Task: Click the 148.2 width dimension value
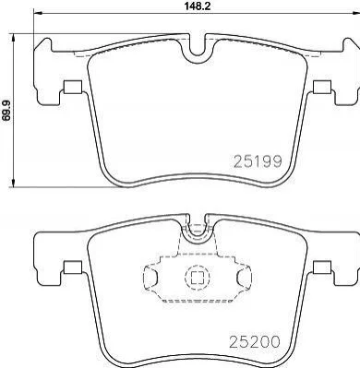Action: [x=197, y=6]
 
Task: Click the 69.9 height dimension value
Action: [x=6, y=110]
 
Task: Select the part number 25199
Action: [x=258, y=161]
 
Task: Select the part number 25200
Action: [x=254, y=341]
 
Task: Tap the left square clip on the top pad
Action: [x=72, y=87]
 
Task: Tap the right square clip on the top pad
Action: [x=322, y=87]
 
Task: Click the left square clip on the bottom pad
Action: [x=73, y=267]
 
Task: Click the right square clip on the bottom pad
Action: [x=322, y=267]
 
